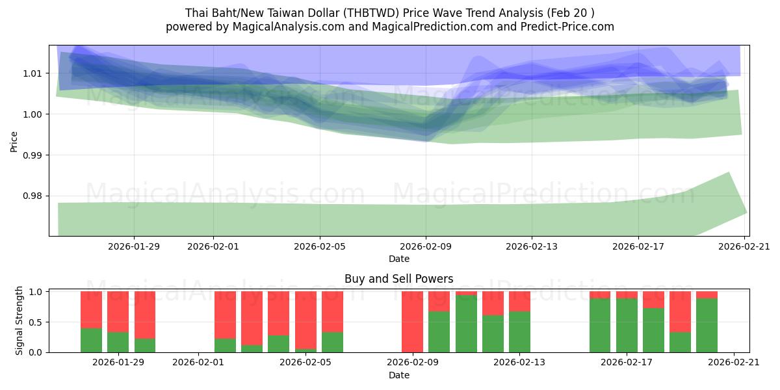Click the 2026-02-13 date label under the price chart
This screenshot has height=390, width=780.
click(532, 246)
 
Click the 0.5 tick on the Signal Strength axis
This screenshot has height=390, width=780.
click(36, 322)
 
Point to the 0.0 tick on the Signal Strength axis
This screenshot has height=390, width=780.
click(36, 352)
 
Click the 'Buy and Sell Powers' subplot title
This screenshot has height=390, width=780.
click(398, 279)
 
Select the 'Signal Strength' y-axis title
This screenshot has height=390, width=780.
click(19, 320)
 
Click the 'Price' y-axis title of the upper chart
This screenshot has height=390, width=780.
click(14, 140)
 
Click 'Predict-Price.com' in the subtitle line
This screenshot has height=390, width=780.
click(567, 27)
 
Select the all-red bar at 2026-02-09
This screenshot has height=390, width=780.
click(412, 322)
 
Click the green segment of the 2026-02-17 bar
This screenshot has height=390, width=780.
click(627, 325)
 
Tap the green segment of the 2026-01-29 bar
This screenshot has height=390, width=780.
click(118, 343)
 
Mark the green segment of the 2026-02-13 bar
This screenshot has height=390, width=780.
click(519, 332)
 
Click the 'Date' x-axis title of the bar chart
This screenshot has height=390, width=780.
click(398, 375)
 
